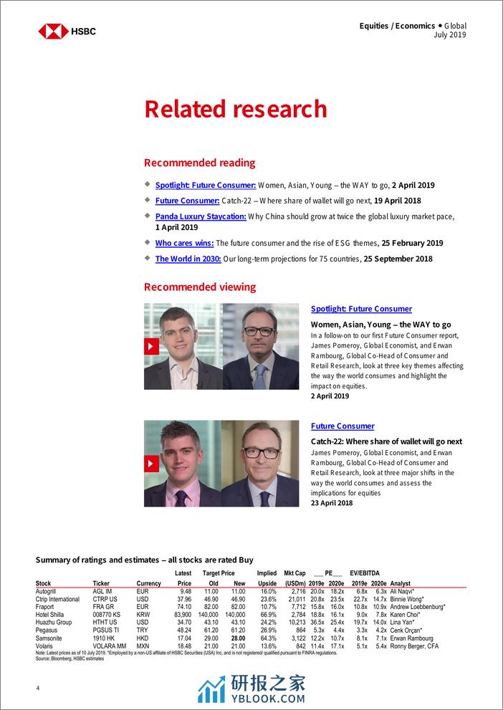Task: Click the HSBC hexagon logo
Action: pyautogui.click(x=53, y=31)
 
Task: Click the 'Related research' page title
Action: pyautogui.click(x=235, y=108)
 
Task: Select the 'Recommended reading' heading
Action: pyautogui.click(x=199, y=163)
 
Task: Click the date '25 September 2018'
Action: pyautogui.click(x=398, y=259)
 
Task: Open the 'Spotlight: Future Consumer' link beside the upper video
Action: pyautogui.click(x=361, y=309)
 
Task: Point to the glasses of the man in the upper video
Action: pyautogui.click(x=259, y=331)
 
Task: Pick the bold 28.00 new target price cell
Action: pyautogui.click(x=238, y=637)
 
